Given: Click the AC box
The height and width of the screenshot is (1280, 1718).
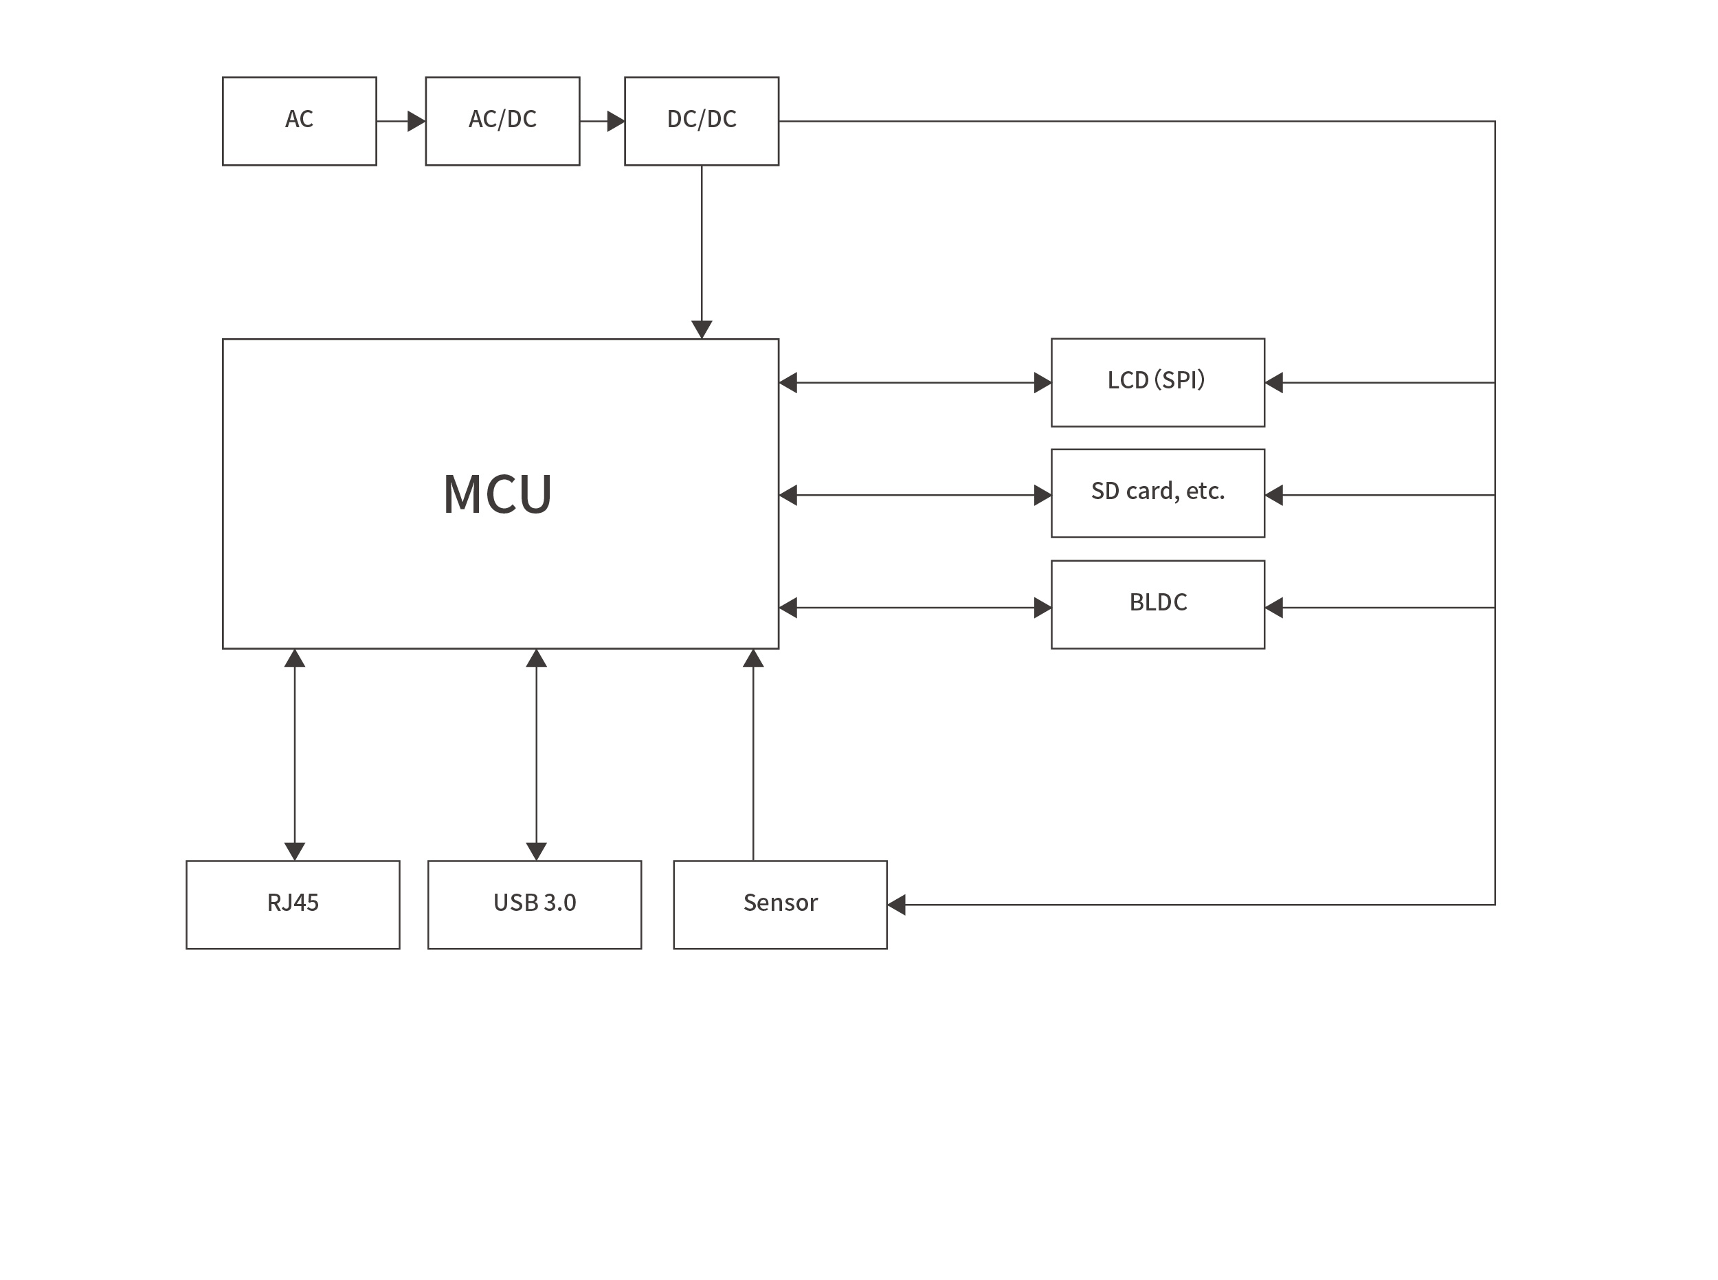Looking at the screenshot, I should coord(299,121).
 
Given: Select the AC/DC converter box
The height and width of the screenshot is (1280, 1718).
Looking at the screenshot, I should coord(502,121).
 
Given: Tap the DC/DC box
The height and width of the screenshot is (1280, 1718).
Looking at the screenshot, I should coord(701,121).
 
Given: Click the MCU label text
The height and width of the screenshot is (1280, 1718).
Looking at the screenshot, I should coord(498,494).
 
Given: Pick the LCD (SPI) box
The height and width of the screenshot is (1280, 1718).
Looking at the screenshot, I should coord(1157,382).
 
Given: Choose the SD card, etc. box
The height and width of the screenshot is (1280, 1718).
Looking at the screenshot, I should coord(1157,493).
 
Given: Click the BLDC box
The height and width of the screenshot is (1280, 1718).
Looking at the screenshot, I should coord(1157,604).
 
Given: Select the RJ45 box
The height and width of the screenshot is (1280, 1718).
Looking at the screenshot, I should coord(293,904).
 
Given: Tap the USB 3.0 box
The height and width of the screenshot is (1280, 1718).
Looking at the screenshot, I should coord(535,904).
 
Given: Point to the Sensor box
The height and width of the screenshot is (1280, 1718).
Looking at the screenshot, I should coord(780,904).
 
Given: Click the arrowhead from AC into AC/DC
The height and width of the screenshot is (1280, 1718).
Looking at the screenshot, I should coord(416,121).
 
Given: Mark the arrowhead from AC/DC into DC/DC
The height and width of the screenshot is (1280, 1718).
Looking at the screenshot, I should coord(616,121).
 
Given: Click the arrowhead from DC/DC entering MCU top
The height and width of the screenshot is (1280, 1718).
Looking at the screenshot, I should coord(701,330).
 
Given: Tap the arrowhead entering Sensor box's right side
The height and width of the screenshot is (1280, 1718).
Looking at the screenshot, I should coord(897,904).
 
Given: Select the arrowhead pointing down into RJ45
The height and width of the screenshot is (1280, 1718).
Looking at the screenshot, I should coord(294,852).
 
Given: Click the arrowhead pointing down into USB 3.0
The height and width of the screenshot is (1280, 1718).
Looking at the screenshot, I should coord(536,852).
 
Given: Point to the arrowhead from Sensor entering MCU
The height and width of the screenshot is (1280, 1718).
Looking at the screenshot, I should coord(753,659).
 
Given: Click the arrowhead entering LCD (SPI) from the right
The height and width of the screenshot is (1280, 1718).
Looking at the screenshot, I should coord(1274,382).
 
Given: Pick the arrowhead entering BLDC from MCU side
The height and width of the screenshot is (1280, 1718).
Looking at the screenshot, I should coord(1042,608).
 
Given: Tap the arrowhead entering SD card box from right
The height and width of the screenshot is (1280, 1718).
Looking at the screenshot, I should coord(1274,494).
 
